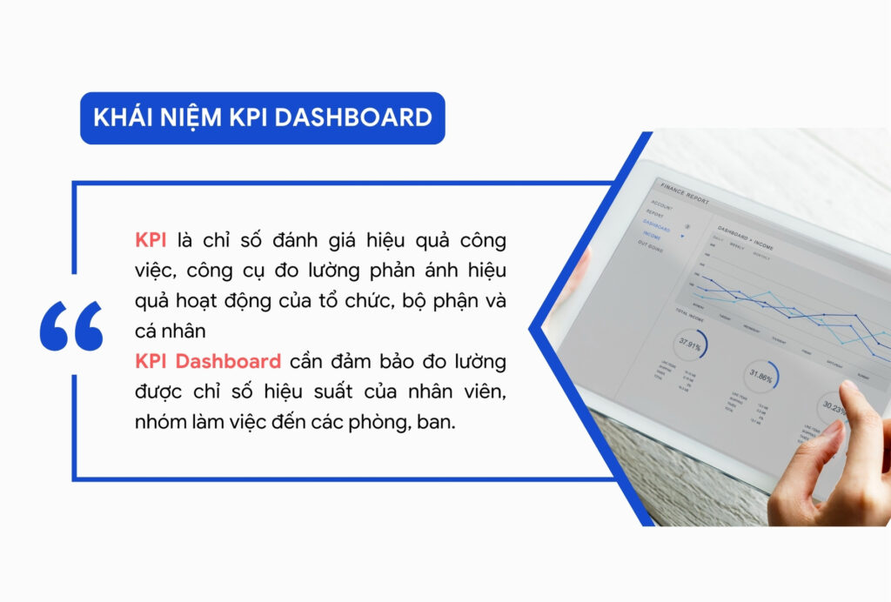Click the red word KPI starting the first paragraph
pos(152,240)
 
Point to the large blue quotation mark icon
pos(71,326)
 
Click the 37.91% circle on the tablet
pos(690,344)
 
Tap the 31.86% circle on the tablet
pos(761,377)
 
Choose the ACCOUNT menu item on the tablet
pos(661,207)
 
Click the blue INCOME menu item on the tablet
pos(653,236)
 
